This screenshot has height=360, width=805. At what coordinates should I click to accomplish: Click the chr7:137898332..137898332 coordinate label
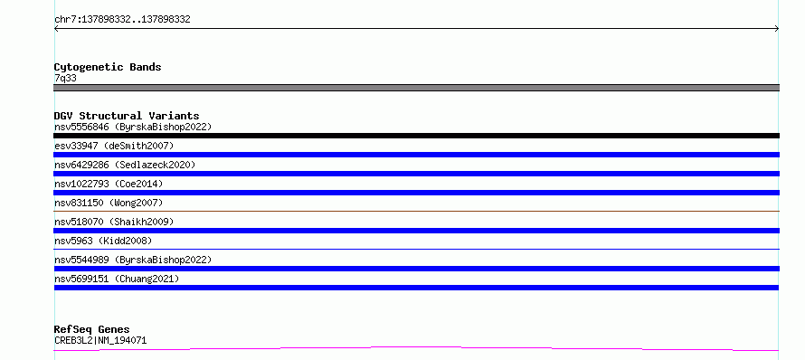122,20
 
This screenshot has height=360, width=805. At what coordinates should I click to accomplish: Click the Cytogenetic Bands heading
108,67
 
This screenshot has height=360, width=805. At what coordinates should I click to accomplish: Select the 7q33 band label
65,79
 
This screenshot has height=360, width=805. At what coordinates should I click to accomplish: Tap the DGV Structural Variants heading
127,116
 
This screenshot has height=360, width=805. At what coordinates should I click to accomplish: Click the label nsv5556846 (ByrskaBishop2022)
133,127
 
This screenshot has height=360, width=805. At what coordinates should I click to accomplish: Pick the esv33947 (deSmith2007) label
114,146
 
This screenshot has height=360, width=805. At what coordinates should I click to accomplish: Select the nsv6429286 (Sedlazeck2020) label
125,165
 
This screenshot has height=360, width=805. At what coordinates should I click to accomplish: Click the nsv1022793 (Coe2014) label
109,184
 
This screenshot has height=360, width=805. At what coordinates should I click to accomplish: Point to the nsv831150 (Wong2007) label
109,203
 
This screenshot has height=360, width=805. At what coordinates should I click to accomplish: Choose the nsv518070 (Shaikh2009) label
114,222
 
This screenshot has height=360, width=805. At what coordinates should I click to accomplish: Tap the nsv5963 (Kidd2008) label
103,241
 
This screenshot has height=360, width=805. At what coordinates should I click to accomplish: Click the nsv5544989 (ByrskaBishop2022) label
133,260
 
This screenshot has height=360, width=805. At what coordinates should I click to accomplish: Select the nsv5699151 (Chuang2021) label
117,279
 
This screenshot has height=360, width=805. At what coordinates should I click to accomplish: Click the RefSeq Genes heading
91,329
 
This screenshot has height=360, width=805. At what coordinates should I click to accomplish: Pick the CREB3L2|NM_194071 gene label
100,340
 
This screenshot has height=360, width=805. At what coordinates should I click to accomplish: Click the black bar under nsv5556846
416,136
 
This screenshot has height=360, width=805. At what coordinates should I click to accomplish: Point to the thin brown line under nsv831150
416,211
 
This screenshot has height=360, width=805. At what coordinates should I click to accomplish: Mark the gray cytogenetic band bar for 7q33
416,88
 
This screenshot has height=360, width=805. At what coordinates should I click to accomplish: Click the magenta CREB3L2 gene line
416,348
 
